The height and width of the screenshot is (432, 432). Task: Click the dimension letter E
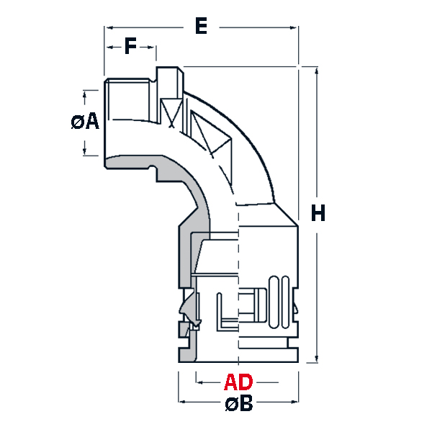pos(202,27)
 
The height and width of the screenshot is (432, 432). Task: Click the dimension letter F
pos(130,47)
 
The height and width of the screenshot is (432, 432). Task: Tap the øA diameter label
pos(85,122)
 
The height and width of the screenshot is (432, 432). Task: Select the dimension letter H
pos(318,214)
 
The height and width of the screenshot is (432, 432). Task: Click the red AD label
pos(238,381)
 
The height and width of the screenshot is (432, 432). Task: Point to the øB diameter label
pos(238,404)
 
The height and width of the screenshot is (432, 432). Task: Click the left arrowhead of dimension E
pos(109,28)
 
